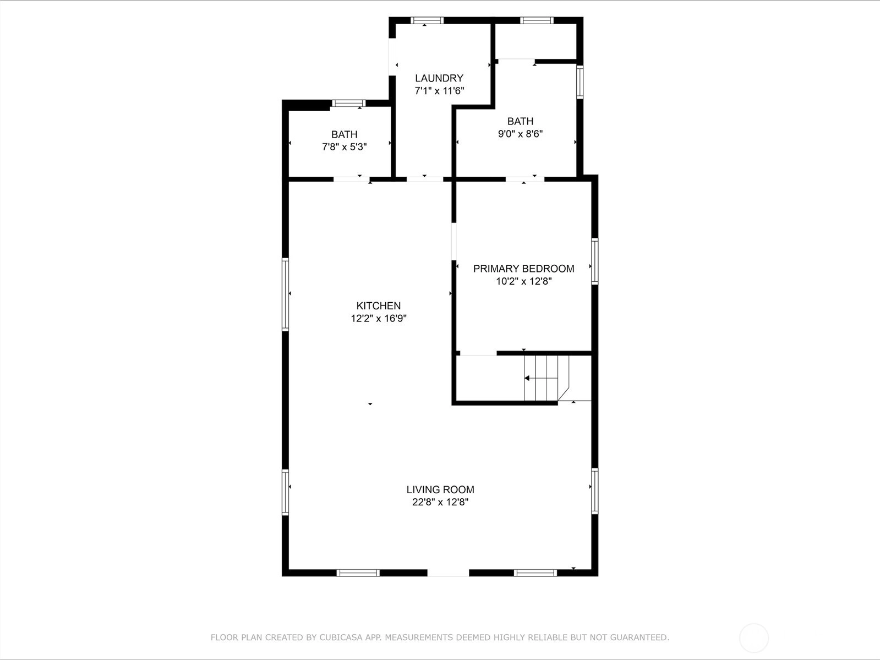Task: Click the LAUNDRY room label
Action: click(439, 78)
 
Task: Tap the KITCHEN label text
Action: click(379, 306)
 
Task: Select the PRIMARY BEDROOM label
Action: click(523, 269)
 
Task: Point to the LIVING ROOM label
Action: click(440, 489)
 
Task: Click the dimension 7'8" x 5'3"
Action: click(345, 147)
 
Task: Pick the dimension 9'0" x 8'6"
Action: click(521, 134)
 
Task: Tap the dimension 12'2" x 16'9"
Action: click(379, 318)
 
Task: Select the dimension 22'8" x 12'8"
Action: click(440, 502)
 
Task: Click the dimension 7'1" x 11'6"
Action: click(439, 91)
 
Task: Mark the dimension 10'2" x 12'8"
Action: click(524, 281)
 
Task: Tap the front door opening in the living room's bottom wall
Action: click(448, 572)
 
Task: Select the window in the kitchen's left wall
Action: click(286, 294)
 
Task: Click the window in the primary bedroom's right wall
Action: click(595, 261)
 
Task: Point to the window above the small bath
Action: click(348, 103)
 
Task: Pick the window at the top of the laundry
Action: click(428, 20)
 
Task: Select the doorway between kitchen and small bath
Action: click(352, 179)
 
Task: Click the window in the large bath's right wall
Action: click(580, 82)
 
